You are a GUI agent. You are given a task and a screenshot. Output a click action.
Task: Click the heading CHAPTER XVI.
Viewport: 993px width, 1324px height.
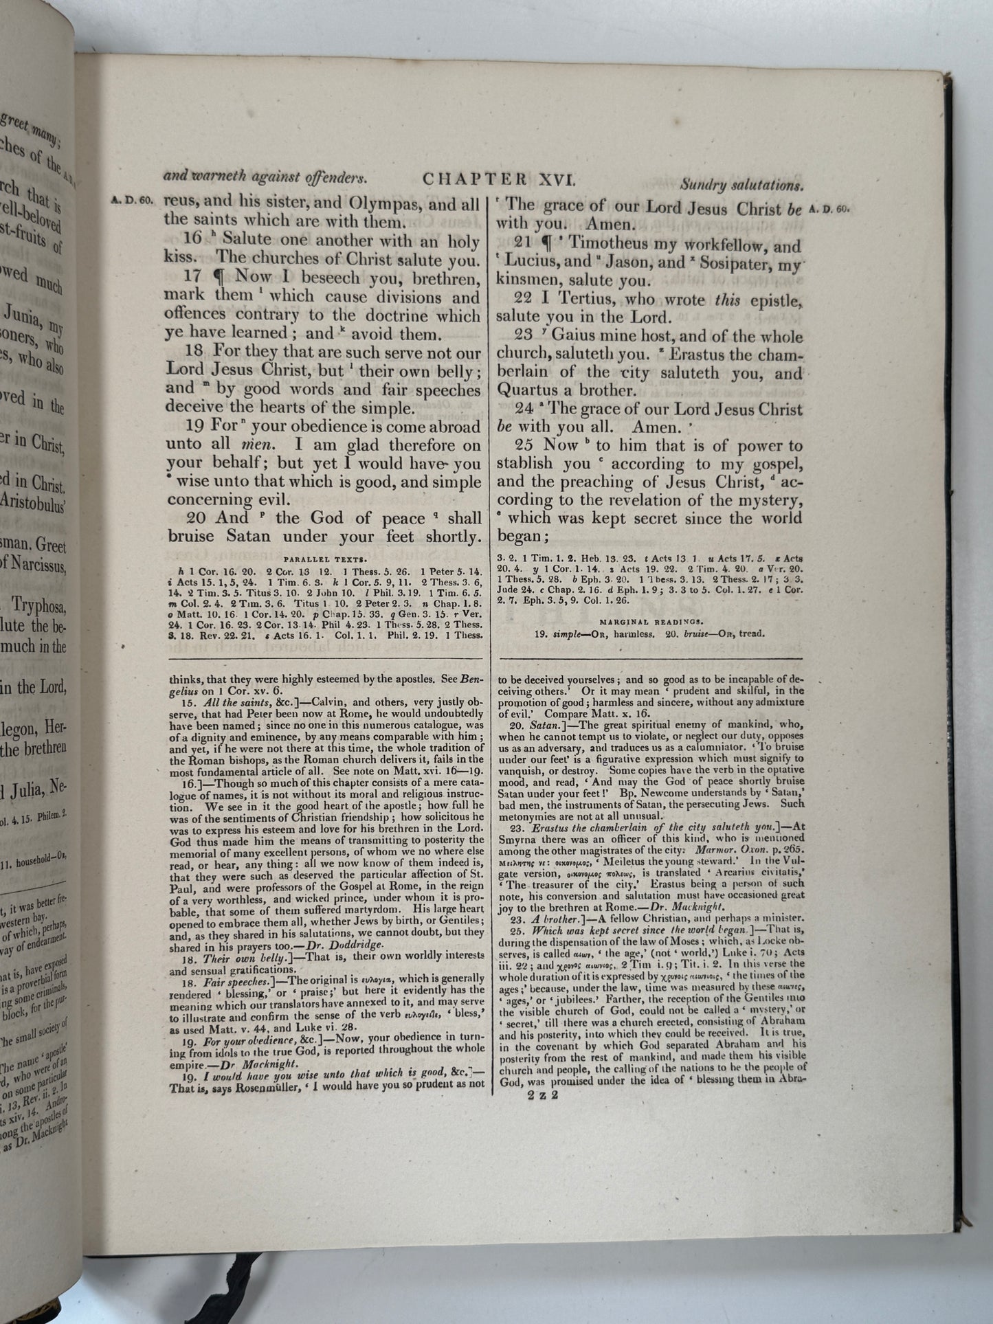pos(500,179)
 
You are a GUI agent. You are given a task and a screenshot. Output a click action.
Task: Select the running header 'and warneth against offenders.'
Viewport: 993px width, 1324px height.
pos(264,177)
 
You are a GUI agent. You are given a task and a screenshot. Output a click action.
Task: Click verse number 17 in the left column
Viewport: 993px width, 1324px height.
pos(193,278)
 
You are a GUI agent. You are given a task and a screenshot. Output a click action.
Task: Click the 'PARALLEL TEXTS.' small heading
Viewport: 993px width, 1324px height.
pos(324,560)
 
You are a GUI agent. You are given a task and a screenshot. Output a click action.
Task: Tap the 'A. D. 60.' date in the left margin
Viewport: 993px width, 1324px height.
pos(134,202)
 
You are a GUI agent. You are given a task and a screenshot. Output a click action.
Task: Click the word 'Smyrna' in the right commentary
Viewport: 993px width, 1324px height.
pos(514,838)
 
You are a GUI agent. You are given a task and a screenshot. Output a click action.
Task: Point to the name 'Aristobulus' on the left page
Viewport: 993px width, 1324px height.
pos(34,501)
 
